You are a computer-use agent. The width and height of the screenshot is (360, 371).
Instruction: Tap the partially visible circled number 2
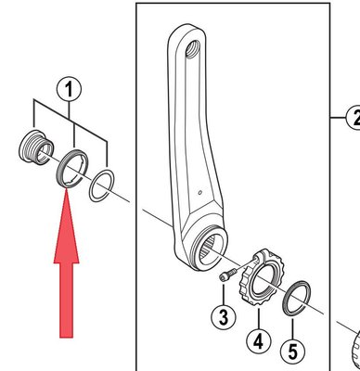tap(353, 118)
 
